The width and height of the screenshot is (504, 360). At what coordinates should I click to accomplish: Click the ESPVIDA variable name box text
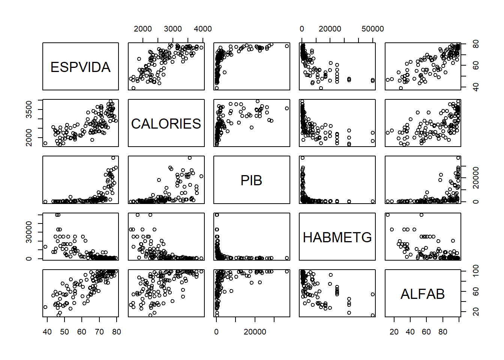click(80, 67)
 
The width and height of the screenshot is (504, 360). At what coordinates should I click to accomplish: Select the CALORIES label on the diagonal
click(166, 124)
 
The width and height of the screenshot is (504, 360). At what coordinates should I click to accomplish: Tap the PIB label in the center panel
click(251, 180)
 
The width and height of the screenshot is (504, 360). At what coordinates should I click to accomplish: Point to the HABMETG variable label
click(337, 237)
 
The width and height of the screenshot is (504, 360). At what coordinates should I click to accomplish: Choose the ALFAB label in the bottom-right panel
click(423, 294)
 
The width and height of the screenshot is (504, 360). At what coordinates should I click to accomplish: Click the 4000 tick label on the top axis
click(202, 29)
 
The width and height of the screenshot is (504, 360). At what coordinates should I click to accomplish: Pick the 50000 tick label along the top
click(372, 29)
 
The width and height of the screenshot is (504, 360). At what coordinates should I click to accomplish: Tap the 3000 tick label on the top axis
click(172, 29)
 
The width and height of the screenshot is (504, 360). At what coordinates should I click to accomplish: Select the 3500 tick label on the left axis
click(29, 109)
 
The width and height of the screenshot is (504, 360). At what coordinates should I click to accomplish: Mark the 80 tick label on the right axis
click(475, 45)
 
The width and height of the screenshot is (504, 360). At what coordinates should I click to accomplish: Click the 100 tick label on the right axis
click(475, 271)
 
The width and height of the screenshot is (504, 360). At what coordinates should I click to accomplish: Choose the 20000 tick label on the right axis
click(475, 178)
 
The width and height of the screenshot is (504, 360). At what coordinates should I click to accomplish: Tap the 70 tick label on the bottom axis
click(99, 332)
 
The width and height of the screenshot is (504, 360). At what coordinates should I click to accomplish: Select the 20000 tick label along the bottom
click(255, 332)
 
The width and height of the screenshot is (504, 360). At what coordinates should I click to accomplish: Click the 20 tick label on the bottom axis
click(394, 332)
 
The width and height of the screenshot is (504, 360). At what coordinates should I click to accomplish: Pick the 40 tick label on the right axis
click(475, 87)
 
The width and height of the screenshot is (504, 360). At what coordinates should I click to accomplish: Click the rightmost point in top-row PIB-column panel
click(287, 46)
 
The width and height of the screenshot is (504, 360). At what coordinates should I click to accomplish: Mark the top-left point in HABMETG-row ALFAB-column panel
click(387, 215)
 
